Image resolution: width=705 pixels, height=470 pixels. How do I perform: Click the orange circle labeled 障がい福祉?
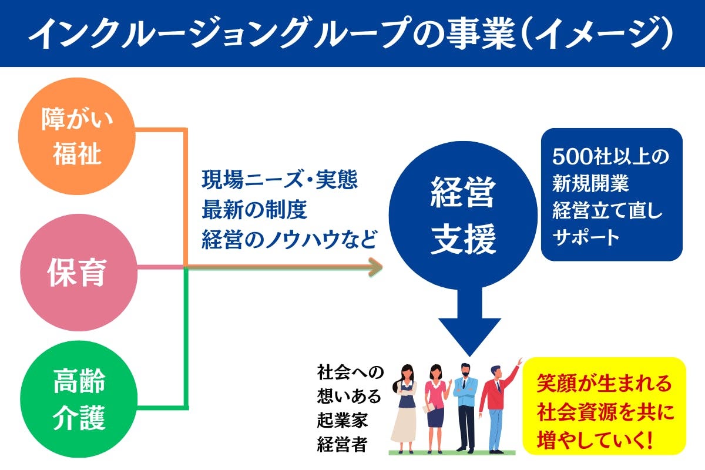coord(76,136)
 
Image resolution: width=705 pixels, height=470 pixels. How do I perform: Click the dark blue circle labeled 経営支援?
coord(464,216)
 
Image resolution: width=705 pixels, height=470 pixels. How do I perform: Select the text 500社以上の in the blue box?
coord(611,157)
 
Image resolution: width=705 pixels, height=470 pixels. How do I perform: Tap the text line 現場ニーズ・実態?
coord(280,179)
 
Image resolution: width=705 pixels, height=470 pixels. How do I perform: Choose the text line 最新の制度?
coord(254,209)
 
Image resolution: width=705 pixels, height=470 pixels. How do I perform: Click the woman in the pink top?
coord(435,405)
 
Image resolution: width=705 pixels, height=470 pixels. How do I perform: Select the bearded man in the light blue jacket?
coord(466,405)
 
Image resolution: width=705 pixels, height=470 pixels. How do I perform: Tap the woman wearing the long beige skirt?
coord(405,405)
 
